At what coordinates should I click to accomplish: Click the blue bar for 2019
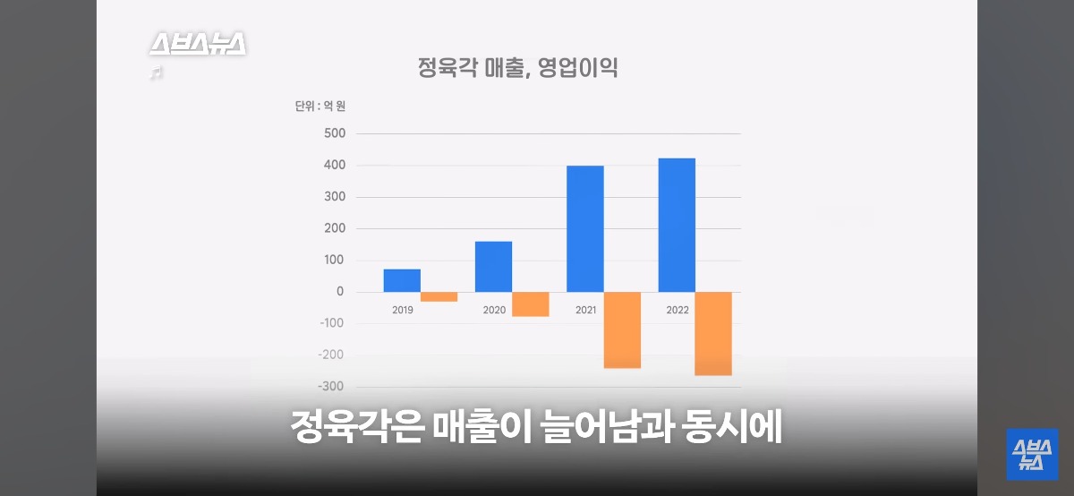coord(402,280)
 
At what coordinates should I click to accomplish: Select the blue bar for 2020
coord(493,266)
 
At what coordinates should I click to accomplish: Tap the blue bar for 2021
coord(584,228)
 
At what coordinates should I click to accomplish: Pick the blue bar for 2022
coord(677,225)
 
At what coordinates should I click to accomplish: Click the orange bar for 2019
coord(439,296)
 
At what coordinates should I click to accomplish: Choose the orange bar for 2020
coord(531,304)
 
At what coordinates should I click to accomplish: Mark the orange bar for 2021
coord(622,329)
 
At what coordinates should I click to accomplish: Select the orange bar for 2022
coord(713,333)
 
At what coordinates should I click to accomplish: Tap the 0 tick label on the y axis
coord(340,292)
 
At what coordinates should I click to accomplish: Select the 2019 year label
coord(403,310)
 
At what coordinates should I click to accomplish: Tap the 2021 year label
coord(585,310)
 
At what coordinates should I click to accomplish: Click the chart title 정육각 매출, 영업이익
coord(518,68)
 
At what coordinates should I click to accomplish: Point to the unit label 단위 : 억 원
coord(320,106)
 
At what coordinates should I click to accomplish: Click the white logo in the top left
coord(197,45)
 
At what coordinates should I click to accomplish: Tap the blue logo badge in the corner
coord(1032,454)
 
